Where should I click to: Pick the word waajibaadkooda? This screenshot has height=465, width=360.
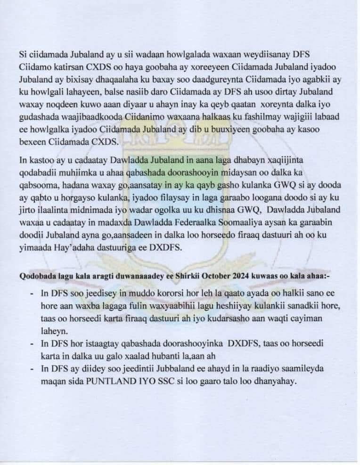(80, 114)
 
